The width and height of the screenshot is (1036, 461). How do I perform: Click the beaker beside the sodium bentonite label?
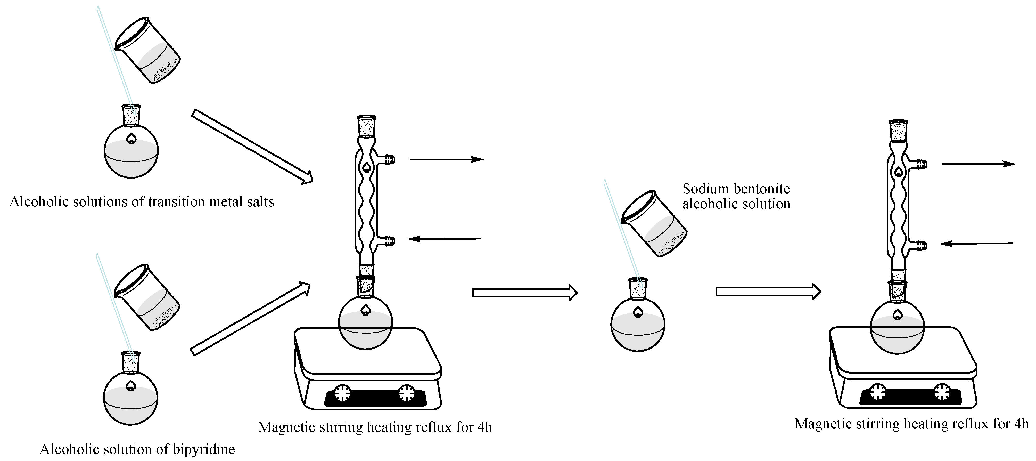click(x=654, y=224)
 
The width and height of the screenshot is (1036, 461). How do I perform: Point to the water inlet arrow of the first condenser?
click(x=445, y=239)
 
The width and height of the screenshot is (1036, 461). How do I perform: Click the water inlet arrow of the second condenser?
click(x=976, y=243)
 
